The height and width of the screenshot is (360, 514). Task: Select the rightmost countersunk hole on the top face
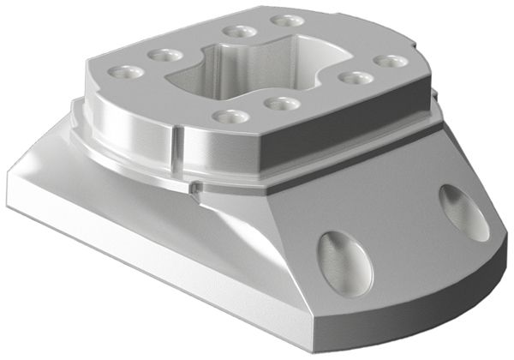[x=390, y=62]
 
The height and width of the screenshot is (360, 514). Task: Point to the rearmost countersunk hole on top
[x=287, y=20]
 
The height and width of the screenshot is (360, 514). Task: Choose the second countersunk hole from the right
[x=355, y=78]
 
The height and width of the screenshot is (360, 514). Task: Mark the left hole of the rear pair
[x=237, y=32]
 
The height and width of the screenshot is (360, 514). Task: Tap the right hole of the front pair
[x=280, y=104]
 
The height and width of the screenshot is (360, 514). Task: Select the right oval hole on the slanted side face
[x=463, y=212]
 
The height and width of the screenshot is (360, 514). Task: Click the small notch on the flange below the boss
[x=198, y=184]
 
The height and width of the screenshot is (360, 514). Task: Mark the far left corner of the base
[x=10, y=181]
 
